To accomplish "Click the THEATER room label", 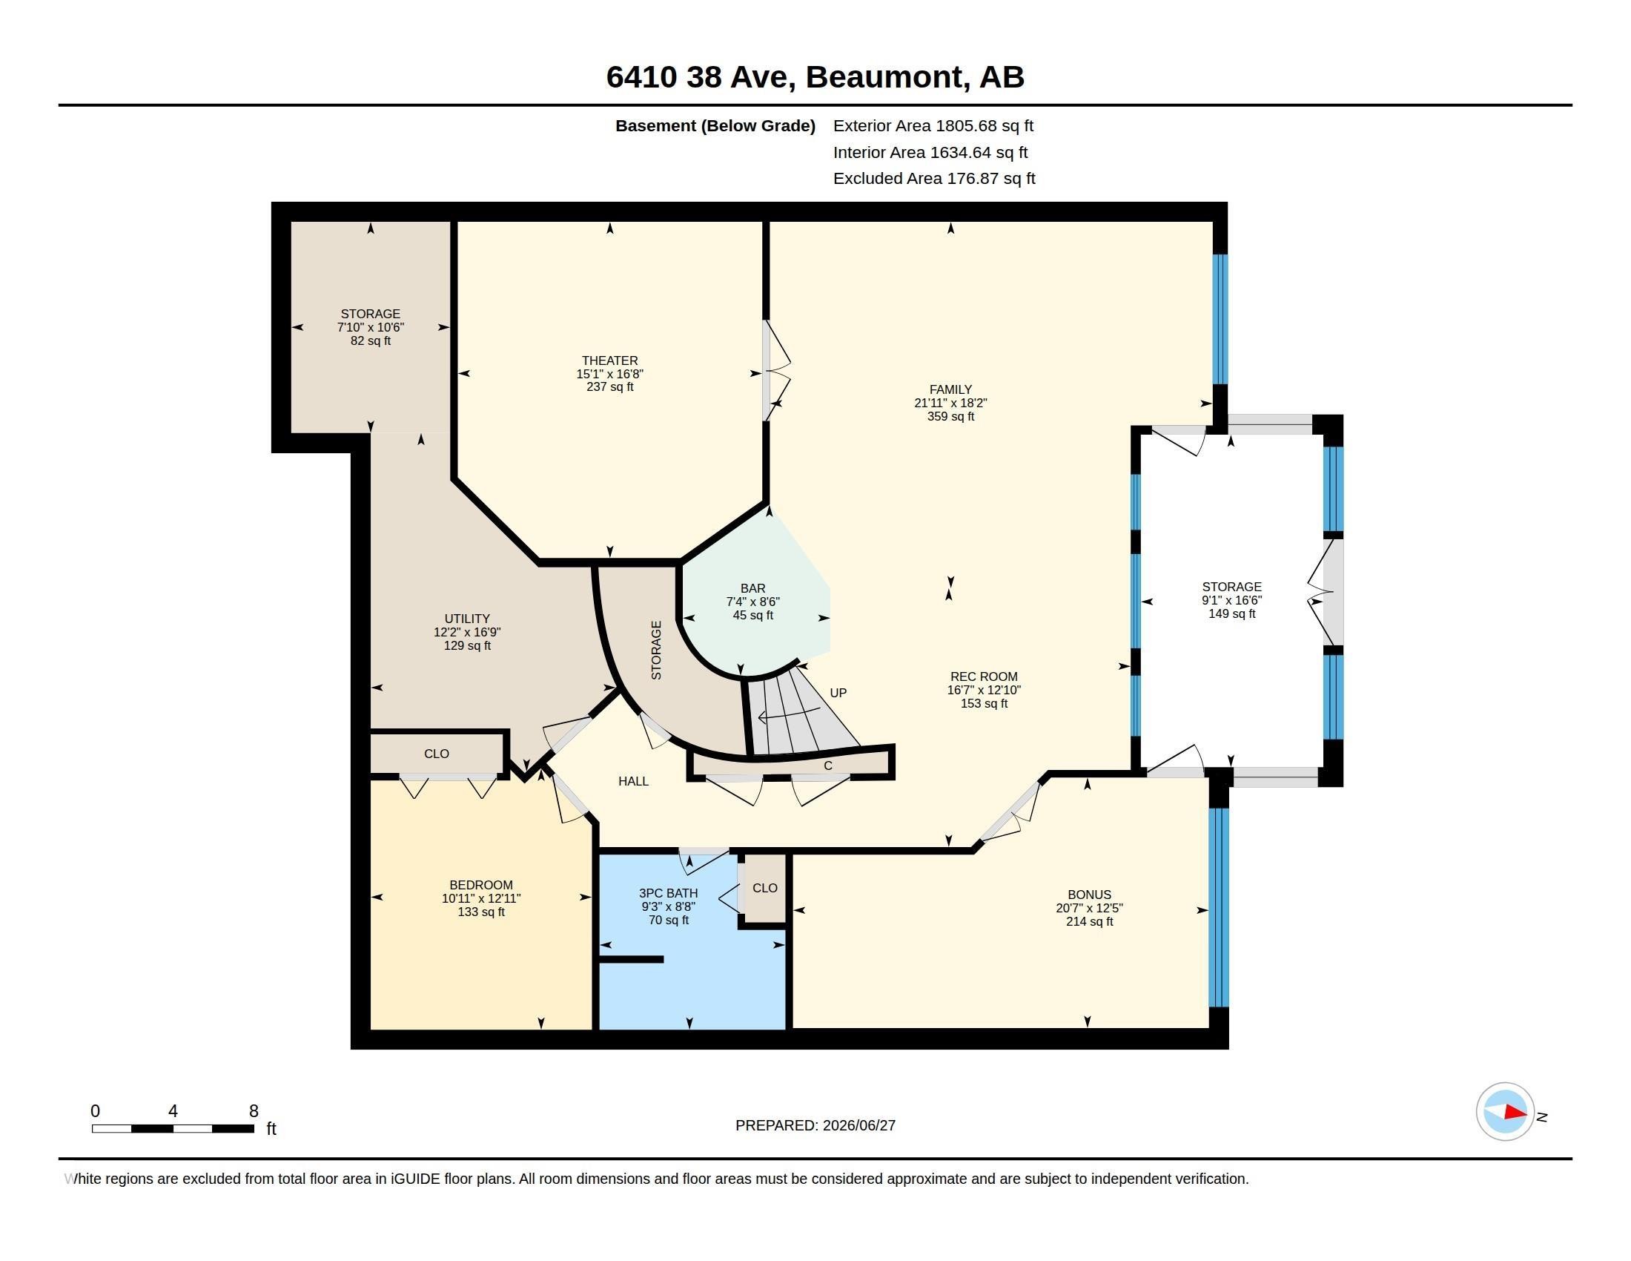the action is click(x=609, y=360).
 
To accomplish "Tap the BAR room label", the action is click(x=752, y=588).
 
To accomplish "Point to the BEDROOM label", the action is click(x=481, y=884).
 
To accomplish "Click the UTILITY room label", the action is click(x=467, y=619).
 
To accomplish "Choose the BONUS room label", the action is click(x=1089, y=895).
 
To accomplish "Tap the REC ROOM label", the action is click(x=984, y=676).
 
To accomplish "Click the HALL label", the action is click(x=633, y=780).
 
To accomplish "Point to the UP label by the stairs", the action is click(x=838, y=693).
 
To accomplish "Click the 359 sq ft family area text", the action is click(x=950, y=416).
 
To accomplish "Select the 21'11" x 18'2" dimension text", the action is click(x=950, y=403).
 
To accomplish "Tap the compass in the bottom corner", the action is click(x=1505, y=1112).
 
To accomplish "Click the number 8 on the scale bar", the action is click(x=254, y=1111).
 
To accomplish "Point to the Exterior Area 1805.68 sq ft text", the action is click(x=933, y=125).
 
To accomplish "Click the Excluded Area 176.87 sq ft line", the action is click(x=934, y=179).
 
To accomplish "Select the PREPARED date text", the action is click(x=815, y=1125).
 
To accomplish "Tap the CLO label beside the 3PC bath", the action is click(x=765, y=887).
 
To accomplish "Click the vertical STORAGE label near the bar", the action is click(x=656, y=650).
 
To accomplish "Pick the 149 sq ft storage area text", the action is click(x=1231, y=613).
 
